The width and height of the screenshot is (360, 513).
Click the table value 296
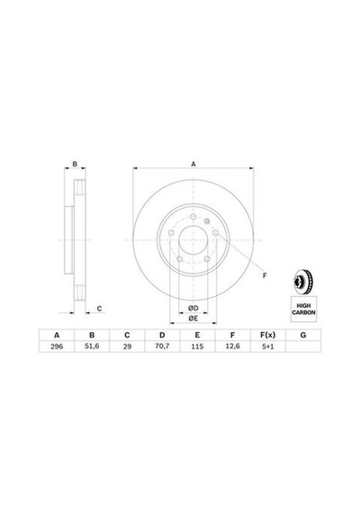tap(57, 346)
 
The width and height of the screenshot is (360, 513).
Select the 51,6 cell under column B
tap(92, 346)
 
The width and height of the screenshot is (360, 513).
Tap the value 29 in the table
tap(127, 346)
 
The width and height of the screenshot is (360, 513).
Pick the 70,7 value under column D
tap(162, 346)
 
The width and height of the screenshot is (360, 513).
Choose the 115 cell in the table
tap(197, 346)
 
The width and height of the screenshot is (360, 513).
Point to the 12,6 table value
tap(233, 346)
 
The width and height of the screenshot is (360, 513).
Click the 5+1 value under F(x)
tap(267, 346)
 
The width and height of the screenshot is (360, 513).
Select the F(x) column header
tap(267, 335)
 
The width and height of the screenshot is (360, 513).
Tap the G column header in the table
tap(303, 335)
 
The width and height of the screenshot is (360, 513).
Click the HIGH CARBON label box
tap(303, 310)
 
